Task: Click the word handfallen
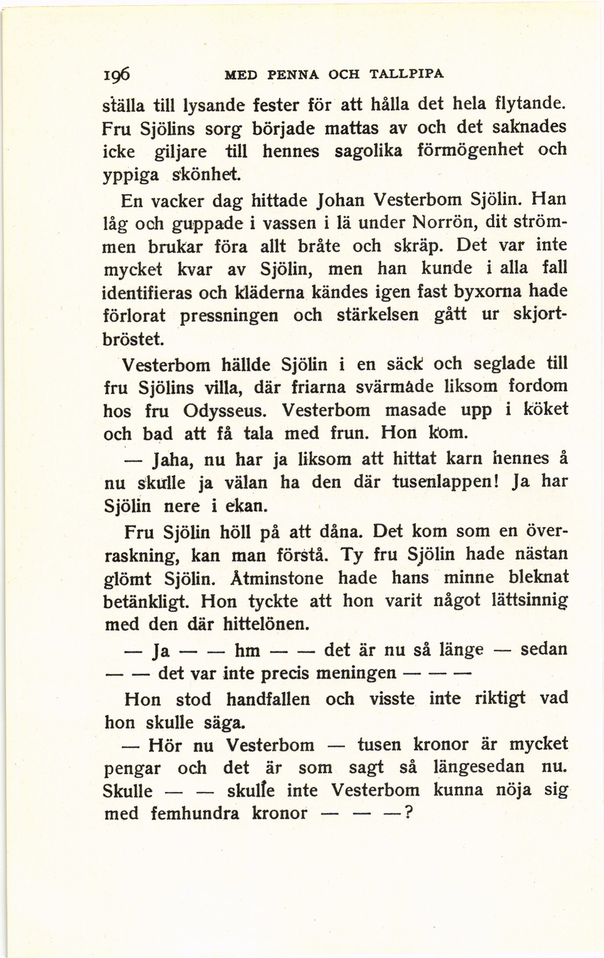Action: point(268,699)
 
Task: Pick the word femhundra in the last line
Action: point(195,813)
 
